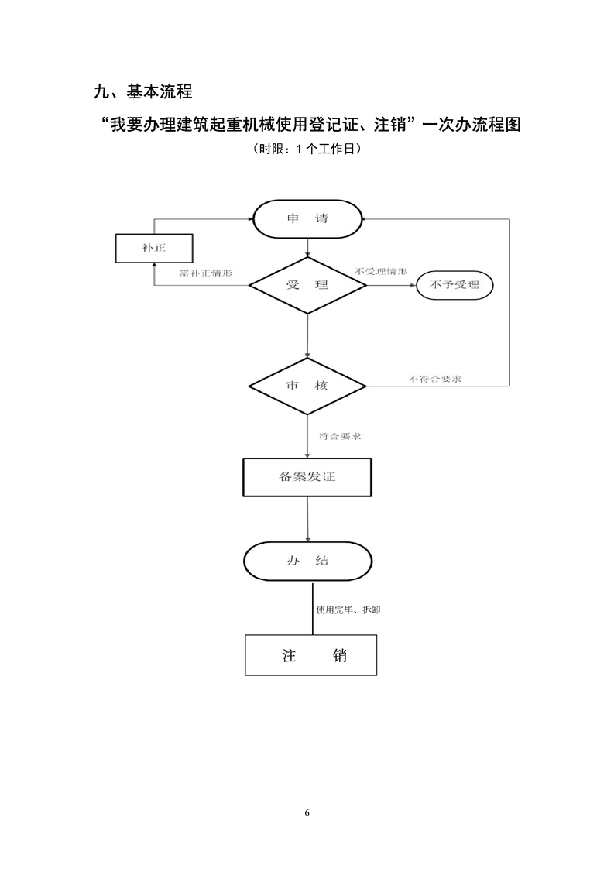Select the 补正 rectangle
[153, 249]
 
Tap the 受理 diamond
[307, 285]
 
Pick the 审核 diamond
[307, 386]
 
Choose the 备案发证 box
[307, 477]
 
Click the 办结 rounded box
[307, 561]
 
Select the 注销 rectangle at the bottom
[311, 656]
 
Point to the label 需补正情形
[205, 273]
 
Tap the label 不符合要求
[436, 379]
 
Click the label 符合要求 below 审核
[340, 437]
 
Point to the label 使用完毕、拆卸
[348, 610]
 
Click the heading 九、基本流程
[142, 92]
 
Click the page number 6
[307, 812]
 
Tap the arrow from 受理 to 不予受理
[390, 285]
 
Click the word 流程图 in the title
[499, 124]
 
